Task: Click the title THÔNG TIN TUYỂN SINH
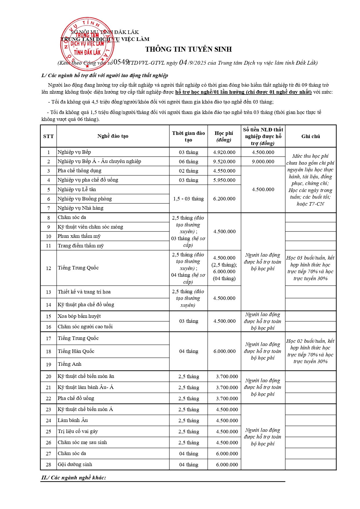(189, 49)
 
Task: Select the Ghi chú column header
(310, 136)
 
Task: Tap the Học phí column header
(224, 136)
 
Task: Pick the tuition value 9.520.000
(224, 162)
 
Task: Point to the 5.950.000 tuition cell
(224, 180)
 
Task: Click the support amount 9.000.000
(263, 162)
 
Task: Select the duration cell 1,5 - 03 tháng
(188, 199)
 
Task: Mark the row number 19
(48, 365)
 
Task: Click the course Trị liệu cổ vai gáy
(78, 431)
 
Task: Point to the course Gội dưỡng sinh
(75, 464)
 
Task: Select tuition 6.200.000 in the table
(224, 199)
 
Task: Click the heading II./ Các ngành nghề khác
(74, 478)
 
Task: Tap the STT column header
(48, 136)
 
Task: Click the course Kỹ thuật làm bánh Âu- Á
(86, 387)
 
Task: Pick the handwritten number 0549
(121, 62)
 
